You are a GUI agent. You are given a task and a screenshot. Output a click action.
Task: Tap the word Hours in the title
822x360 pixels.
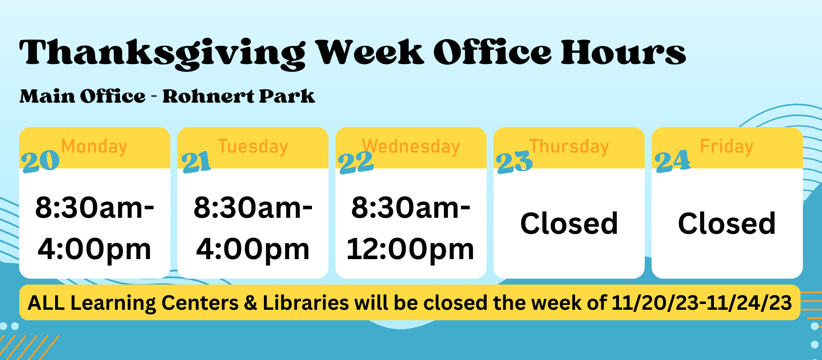pos(623,52)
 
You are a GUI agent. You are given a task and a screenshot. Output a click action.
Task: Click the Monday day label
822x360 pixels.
pos(94,147)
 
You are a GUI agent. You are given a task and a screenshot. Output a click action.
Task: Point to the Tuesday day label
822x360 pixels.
pos(253,147)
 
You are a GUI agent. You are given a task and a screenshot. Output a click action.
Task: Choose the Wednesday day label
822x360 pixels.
pos(411,147)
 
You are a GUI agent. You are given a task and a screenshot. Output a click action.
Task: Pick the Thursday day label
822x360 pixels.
pos(569,147)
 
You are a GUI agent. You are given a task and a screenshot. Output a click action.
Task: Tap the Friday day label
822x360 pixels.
pos(727,147)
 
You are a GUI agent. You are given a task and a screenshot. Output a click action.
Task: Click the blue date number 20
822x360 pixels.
pos(40,161)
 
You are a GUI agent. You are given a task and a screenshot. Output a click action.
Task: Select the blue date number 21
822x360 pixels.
pos(196,161)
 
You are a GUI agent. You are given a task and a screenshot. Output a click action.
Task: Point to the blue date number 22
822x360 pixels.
pos(356,162)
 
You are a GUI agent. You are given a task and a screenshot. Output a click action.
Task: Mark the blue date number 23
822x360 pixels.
pos(515,162)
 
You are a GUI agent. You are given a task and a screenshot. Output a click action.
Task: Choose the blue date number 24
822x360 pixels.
pos(673,161)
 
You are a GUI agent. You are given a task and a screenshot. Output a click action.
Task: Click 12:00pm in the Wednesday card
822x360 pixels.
pos(411,249)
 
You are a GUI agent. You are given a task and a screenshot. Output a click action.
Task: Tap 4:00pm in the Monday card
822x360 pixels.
pos(95,249)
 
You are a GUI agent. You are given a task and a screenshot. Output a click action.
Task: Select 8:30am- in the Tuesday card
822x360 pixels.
pos(253,208)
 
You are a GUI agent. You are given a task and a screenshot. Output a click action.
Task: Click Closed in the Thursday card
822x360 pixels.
pos(569,223)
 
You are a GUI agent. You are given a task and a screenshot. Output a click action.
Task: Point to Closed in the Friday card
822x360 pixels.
pos(727,223)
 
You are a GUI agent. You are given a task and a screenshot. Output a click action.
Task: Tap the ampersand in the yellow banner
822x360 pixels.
pos(251,303)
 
